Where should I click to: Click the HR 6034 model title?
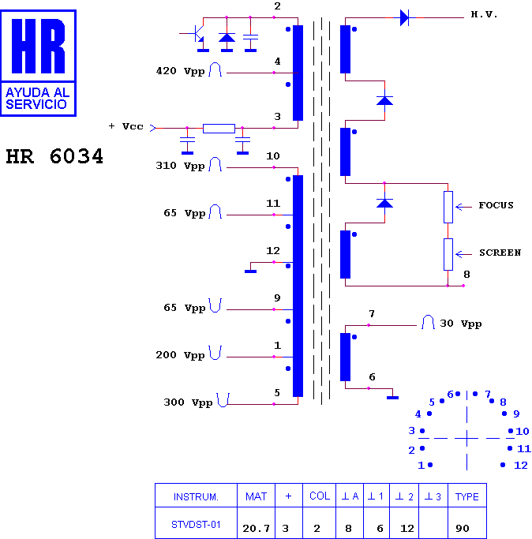tap(54, 156)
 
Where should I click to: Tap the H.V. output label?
tap(484, 14)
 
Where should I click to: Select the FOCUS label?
tap(496, 205)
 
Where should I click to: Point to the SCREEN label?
tap(500, 253)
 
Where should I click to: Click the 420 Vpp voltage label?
tap(180, 71)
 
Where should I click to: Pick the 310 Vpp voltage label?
tap(180, 166)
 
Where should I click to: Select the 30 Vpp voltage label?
tap(461, 324)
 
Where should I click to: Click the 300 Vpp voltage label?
tap(188, 402)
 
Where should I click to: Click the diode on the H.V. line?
tap(404, 17)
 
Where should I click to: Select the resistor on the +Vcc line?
tap(219, 128)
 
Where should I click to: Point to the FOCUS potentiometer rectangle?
tap(448, 207)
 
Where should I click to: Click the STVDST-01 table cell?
tap(196, 525)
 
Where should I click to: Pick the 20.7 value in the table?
tap(256, 528)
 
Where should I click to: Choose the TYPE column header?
tap(466, 496)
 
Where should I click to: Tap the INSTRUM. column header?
tap(196, 496)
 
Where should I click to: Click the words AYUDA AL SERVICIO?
tap(37, 99)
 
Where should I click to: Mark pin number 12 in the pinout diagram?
tap(520, 466)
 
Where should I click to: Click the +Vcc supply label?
tap(126, 126)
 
